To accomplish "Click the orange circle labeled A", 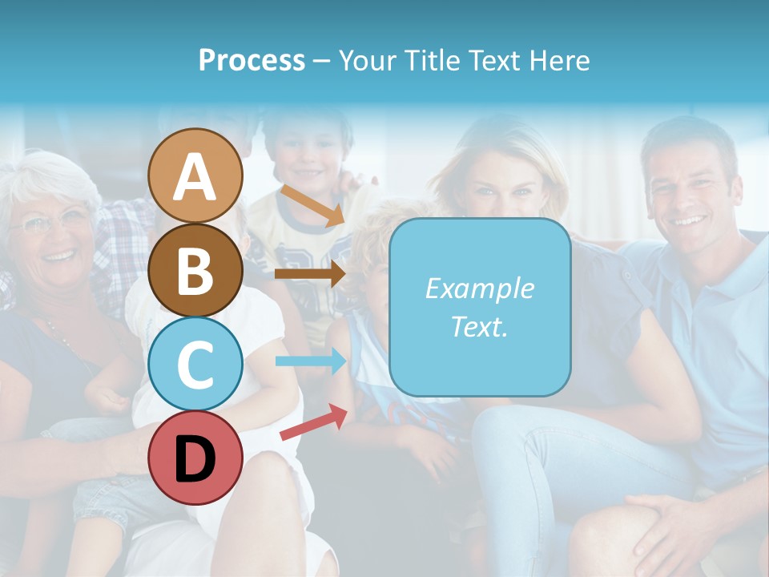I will pyautogui.click(x=195, y=176).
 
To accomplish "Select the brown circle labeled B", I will pyautogui.click(x=195, y=270).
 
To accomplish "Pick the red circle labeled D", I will pyautogui.click(x=195, y=457).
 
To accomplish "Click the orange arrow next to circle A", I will pyautogui.click(x=312, y=205).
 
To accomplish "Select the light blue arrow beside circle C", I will pyautogui.click(x=310, y=361).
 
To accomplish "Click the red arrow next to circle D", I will pyautogui.click(x=313, y=422).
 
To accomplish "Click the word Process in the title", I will pyautogui.click(x=252, y=60).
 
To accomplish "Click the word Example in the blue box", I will pyautogui.click(x=479, y=288).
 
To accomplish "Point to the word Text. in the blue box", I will pyautogui.click(x=479, y=326).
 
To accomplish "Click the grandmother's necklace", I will pyautogui.click(x=64, y=337).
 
